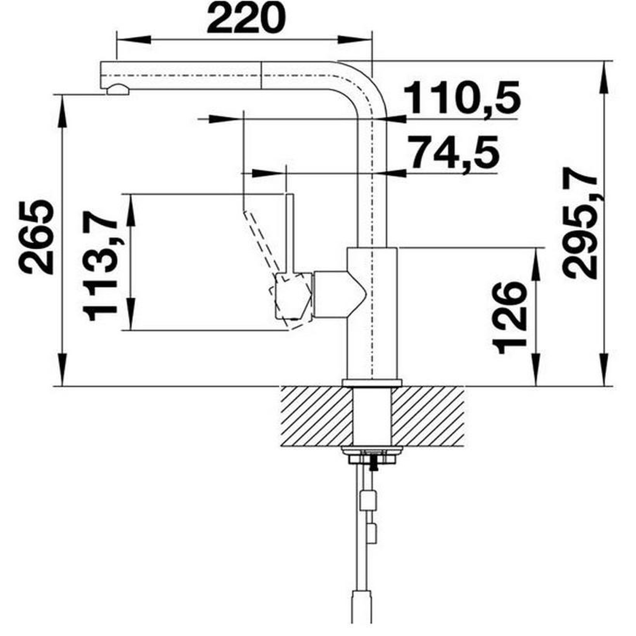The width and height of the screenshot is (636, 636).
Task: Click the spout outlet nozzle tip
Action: tap(118, 89)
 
